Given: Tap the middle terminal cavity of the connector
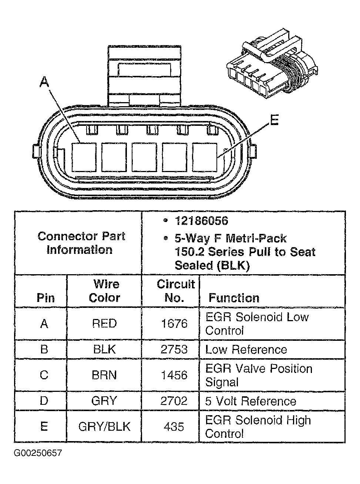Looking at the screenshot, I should coord(144,157).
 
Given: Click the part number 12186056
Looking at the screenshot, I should coord(201,221).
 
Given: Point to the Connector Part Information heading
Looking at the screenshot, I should coord(81,243).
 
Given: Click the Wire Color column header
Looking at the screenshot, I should coord(104,291).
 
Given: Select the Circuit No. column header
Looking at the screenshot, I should coord(175,291).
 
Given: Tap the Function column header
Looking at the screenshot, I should coord(234,298).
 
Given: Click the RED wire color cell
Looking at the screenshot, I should coord(104,323).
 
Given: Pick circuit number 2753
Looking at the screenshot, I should coord(174,350).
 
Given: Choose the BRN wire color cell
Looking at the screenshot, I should coord(104,375).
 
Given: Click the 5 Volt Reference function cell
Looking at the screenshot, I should coord(250,401).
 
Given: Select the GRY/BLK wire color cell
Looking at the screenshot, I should coord(104,427).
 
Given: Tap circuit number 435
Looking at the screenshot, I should coord(174,427).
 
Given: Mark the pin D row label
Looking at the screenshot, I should coord(44,401).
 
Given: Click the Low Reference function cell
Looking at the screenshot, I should coord(246,350).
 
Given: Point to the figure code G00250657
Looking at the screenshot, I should coord(38,453).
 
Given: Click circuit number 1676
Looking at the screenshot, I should coord(174,323).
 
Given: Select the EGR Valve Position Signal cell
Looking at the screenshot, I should coord(259,375).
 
